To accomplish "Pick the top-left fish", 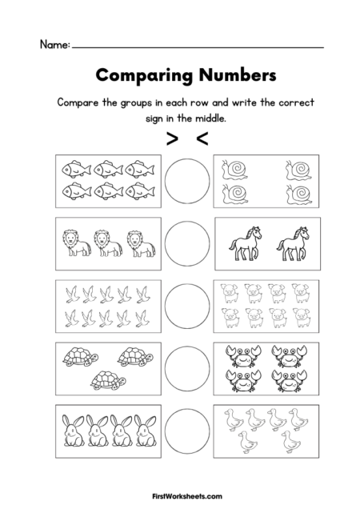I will (x=72, y=169).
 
